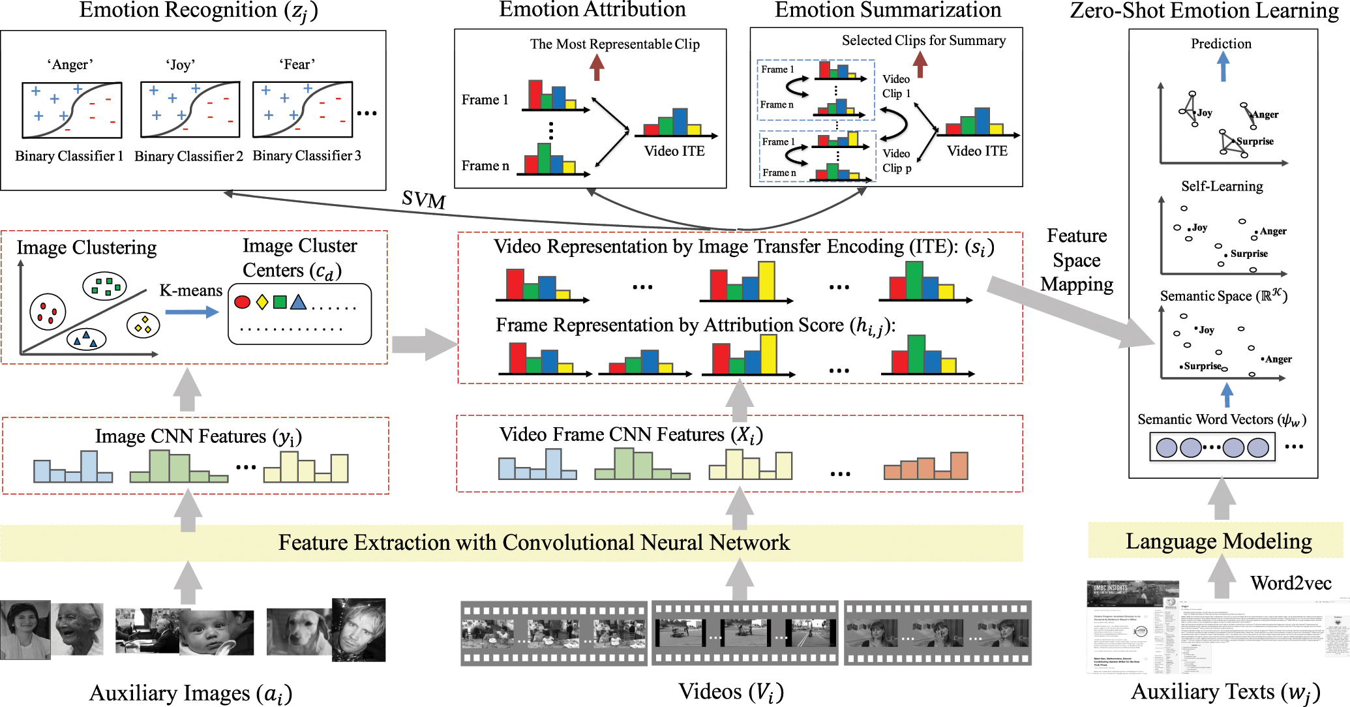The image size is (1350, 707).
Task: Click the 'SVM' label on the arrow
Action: point(424,199)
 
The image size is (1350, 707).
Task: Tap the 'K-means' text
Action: point(190,290)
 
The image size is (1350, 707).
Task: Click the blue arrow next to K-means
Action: point(192,312)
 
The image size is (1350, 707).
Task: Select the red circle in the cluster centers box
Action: point(242,302)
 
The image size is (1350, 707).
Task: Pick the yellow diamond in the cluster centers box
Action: point(262,302)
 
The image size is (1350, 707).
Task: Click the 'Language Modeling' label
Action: point(1218,541)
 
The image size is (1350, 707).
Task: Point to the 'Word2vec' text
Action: point(1291,583)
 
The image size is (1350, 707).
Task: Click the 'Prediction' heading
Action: point(1221,44)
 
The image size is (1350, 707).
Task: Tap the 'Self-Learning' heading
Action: point(1222,187)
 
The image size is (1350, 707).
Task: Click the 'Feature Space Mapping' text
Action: point(1077,260)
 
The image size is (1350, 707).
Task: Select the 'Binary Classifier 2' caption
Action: point(188,157)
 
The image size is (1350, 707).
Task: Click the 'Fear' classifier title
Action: point(297,65)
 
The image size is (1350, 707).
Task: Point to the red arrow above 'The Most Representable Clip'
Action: point(597,67)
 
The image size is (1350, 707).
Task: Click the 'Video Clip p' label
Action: point(897,160)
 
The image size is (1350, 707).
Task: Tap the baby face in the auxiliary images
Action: point(216,633)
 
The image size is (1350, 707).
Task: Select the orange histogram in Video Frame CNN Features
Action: point(925,466)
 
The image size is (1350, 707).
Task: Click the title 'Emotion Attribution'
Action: point(592,10)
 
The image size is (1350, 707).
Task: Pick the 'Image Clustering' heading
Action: point(87,248)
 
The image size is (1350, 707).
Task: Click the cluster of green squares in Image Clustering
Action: point(105,286)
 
